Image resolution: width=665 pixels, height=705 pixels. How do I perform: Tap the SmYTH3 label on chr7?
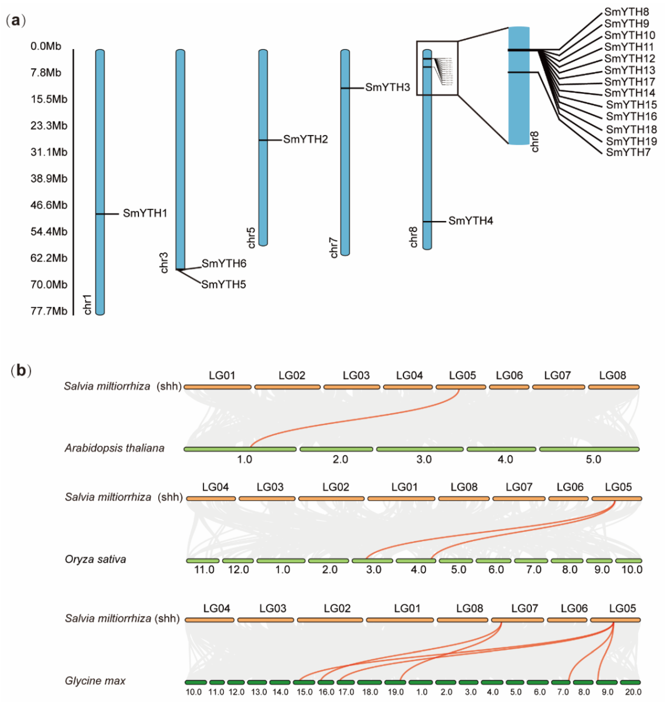[387, 87]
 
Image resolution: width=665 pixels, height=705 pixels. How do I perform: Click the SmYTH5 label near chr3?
[223, 284]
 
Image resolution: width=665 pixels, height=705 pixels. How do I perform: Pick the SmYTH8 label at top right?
[626, 12]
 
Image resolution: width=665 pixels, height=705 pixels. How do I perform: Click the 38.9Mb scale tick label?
[49, 178]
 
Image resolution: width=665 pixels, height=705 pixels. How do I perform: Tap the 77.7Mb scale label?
[49, 311]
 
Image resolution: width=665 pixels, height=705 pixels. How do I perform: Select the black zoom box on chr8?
[437, 68]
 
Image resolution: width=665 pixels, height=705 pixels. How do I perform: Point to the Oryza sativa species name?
[95, 559]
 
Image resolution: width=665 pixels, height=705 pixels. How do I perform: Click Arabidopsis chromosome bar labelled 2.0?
[336, 449]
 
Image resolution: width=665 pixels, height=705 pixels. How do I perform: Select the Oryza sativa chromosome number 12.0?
[238, 570]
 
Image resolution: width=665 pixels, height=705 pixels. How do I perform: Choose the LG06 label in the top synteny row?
[509, 375]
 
